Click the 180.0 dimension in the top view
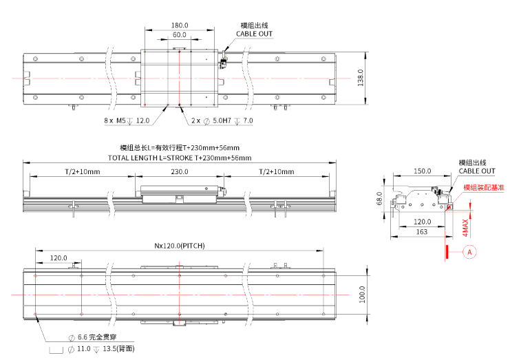click(180, 25)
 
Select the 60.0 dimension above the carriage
click(180, 34)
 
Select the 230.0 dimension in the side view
click(180, 171)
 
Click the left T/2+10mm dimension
click(83, 171)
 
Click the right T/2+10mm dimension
click(276, 171)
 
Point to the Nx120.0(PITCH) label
click(179, 246)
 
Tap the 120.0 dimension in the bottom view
click(59, 258)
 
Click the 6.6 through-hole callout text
click(96, 338)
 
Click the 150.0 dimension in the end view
click(422, 171)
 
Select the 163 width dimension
click(422, 232)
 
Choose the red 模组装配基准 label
click(483, 187)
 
